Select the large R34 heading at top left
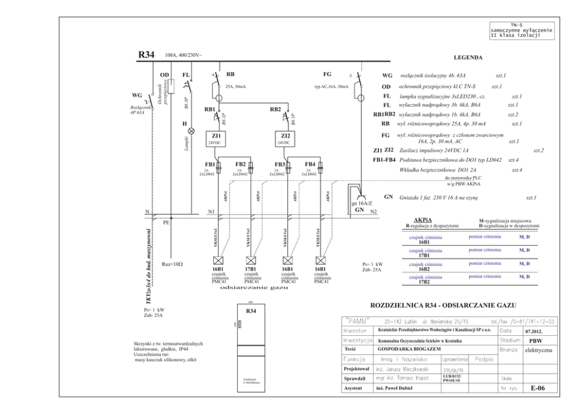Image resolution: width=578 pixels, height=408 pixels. point(146,56)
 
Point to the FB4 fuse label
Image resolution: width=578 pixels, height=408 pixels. point(310,164)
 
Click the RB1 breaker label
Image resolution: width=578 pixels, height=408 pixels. point(210,109)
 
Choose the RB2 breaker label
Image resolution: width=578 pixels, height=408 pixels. point(276,109)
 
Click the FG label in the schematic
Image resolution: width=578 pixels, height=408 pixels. point(327,75)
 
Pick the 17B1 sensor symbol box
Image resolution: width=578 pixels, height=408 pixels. point(251,260)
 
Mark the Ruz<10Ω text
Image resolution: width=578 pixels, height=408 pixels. point(172,264)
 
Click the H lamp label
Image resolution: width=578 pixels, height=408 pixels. point(185,123)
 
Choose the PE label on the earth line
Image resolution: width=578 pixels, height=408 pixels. point(166,222)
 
